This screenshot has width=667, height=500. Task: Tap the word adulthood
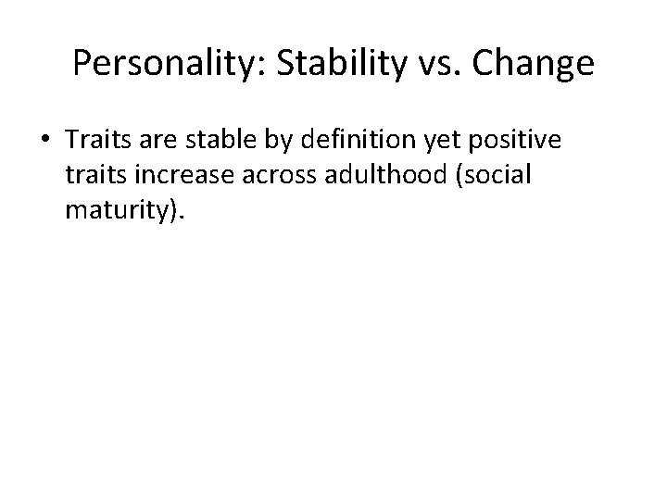point(373,177)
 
